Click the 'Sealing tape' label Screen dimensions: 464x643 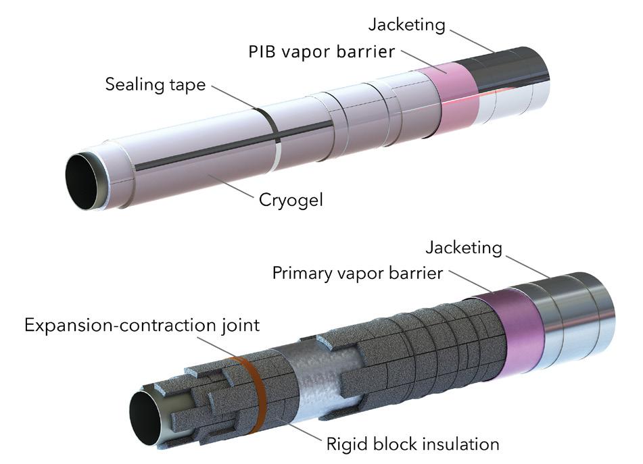click(155, 85)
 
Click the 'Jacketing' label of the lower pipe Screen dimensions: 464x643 click(464, 248)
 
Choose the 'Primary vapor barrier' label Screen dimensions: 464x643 click(358, 275)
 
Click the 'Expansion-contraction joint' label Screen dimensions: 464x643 click(142, 326)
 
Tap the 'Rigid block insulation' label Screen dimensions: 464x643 click(412, 444)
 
